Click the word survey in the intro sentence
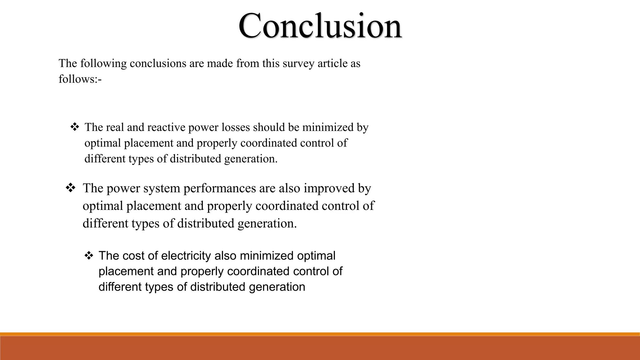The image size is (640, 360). point(298,63)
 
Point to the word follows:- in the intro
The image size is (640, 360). point(80,79)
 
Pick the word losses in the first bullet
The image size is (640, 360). point(236,127)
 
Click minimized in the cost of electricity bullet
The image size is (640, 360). point(262,256)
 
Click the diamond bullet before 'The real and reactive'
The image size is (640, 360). point(74,127)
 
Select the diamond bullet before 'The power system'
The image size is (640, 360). point(70,188)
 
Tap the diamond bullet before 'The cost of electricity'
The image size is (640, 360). point(89,256)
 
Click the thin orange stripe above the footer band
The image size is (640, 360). point(320,334)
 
